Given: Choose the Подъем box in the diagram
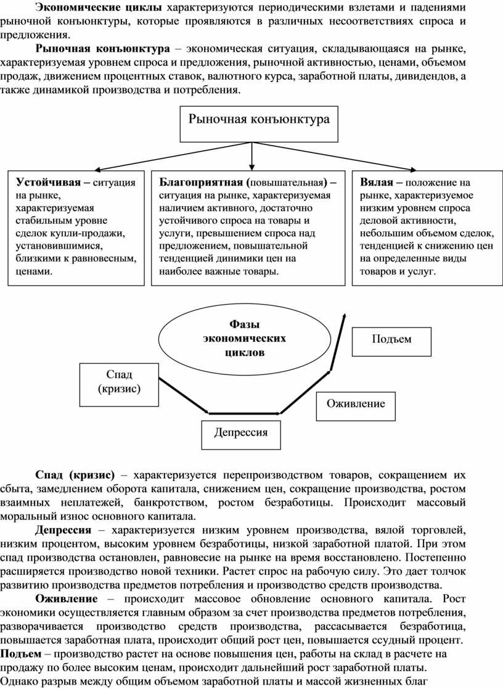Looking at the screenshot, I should coord(391,339).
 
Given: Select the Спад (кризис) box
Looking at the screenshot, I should coord(119,381).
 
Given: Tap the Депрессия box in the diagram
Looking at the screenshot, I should coord(241,432).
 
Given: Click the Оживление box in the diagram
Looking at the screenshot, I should coord(355,404).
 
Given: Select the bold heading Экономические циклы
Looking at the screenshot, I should coord(98,7).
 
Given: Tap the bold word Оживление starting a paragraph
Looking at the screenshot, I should coord(66,598).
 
